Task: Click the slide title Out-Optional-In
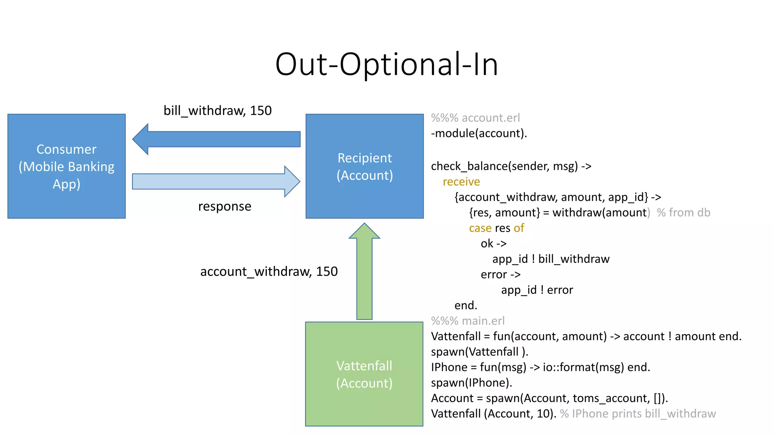point(386,64)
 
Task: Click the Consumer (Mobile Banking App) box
point(67,166)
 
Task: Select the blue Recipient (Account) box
point(364,166)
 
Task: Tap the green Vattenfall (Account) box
point(364,374)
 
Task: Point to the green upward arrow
point(364,272)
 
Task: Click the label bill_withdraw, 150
point(217,111)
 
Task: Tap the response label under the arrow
point(224,206)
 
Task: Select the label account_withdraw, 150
point(269,271)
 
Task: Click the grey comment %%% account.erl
point(475,118)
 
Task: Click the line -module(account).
point(479,133)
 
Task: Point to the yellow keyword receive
point(461,182)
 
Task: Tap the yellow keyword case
point(480,228)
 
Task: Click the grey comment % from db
point(683,213)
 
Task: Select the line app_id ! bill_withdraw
point(551,259)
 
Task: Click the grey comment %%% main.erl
point(467,321)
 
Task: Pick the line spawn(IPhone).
point(471,383)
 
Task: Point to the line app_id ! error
point(537,290)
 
